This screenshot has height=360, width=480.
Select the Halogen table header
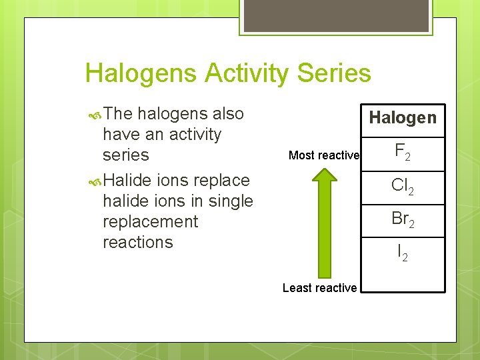403,118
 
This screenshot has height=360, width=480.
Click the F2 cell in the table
403,153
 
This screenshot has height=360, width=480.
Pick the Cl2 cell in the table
403,186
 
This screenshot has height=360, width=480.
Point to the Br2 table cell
403,219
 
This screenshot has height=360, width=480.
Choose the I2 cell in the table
403,253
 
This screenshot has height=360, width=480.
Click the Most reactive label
324,155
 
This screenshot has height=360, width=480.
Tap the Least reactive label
319,288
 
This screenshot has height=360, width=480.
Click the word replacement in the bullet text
150,221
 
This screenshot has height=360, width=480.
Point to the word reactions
137,242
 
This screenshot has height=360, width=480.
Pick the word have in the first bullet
121,134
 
